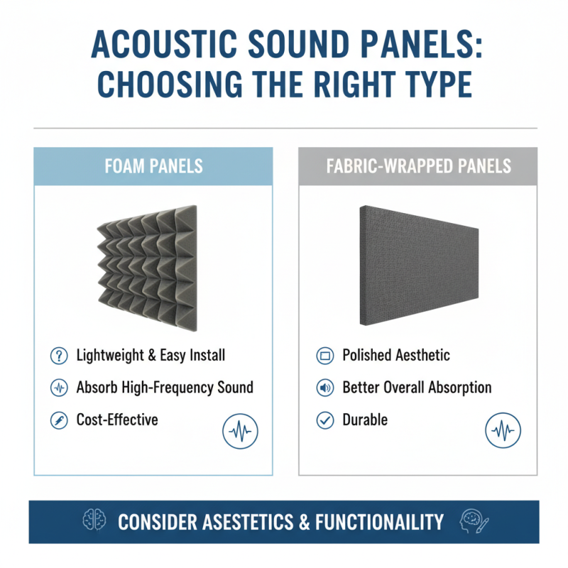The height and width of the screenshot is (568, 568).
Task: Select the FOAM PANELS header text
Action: point(153,166)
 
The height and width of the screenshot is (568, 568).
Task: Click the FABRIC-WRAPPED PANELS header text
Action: point(418,166)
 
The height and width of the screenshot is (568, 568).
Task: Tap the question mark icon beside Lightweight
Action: point(58,355)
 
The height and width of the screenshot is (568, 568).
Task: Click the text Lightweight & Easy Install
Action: point(151,355)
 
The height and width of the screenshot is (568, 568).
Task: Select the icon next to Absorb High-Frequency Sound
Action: point(58,388)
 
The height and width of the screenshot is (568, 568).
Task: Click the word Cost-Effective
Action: point(116,420)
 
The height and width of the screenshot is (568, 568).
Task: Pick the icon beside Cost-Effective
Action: point(58,420)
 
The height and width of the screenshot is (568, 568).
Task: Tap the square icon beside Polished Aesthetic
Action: point(324,355)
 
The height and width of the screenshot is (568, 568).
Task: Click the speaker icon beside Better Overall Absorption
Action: point(324,388)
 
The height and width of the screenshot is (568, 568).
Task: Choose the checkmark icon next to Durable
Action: point(324,420)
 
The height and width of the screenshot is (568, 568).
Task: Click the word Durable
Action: point(365,420)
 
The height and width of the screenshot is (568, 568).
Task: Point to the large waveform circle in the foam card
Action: point(240,431)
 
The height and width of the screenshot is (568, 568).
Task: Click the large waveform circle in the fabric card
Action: point(503,431)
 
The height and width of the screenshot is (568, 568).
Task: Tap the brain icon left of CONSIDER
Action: point(94,521)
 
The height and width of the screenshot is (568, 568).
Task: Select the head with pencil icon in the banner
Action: point(472,521)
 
